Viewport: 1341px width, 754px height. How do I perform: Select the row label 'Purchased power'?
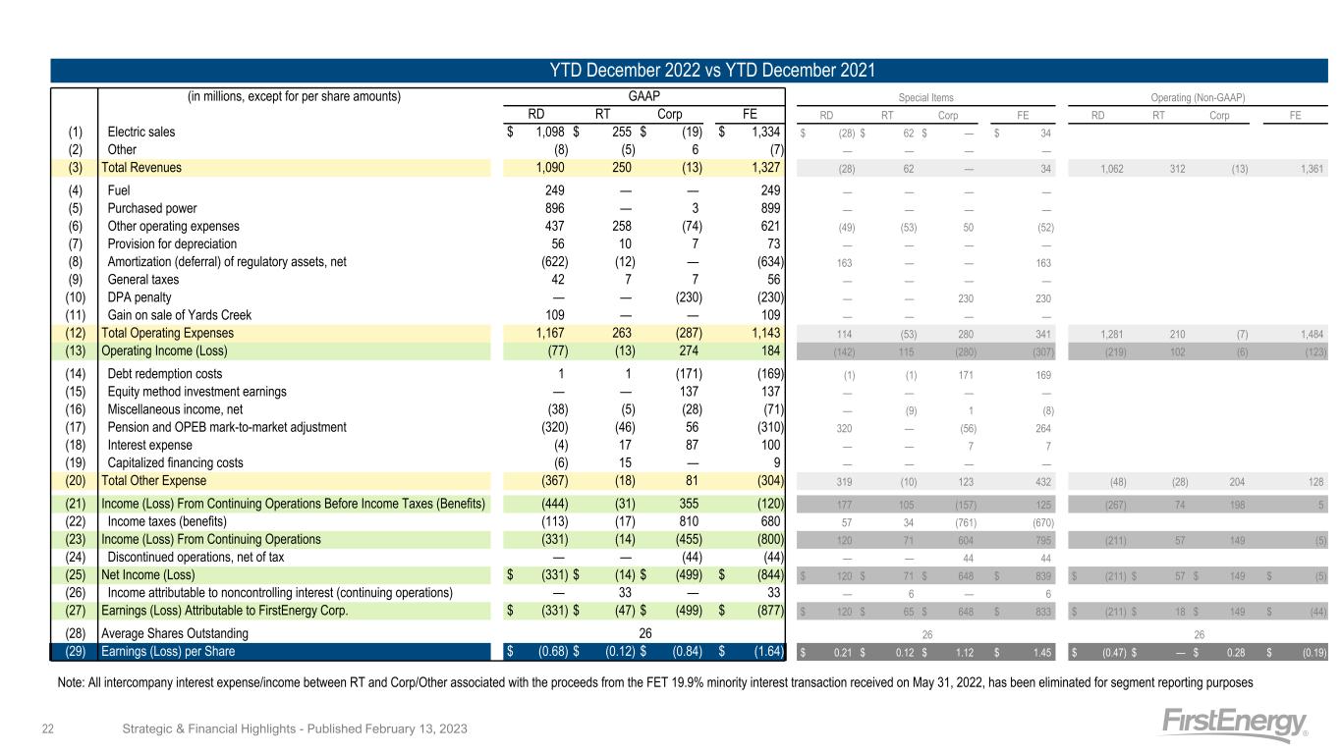click(151, 208)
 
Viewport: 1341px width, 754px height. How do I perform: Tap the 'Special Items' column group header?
click(926, 97)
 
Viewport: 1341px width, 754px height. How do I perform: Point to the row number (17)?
click(75, 427)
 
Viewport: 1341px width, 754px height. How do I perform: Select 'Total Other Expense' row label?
click(154, 480)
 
